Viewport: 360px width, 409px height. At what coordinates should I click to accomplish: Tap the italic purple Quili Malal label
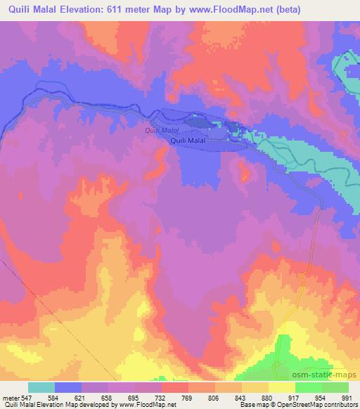162,131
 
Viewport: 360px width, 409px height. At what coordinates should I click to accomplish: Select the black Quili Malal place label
188,141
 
